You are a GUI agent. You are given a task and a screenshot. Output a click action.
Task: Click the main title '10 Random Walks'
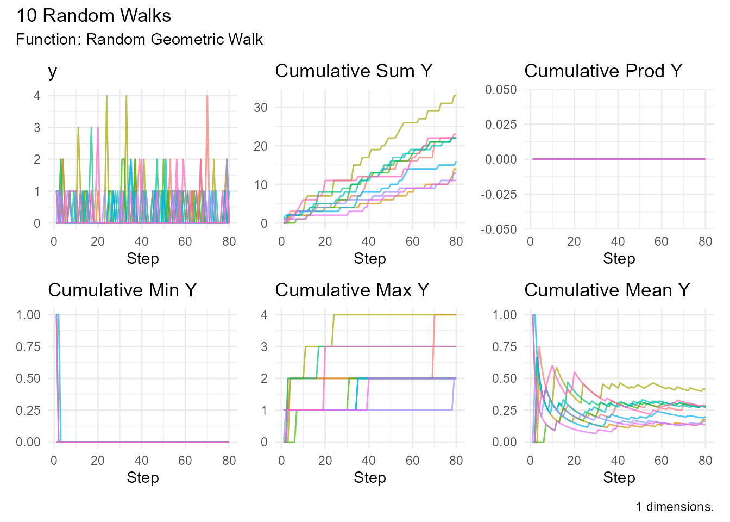tap(93, 15)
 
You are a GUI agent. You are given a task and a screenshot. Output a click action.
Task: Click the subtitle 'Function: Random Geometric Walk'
tap(140, 40)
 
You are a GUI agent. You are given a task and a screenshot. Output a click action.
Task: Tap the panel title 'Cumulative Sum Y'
tap(354, 71)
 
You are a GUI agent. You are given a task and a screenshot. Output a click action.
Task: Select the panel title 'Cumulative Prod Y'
tap(603, 71)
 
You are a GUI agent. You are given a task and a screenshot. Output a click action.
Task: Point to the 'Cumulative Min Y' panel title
tap(122, 290)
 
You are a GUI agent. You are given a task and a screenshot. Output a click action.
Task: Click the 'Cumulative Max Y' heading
tap(352, 290)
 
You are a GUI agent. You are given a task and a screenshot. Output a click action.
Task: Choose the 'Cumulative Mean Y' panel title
tap(607, 290)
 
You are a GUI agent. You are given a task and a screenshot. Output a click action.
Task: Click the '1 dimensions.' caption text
tap(675, 507)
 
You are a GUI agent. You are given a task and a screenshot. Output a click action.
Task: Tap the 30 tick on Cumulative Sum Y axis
tap(261, 108)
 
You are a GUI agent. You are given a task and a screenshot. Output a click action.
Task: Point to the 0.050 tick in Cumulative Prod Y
tap(501, 89)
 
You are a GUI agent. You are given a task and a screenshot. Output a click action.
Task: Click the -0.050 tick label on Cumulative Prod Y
tap(499, 229)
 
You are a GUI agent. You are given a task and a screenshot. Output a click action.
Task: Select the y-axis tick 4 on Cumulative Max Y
tap(265, 315)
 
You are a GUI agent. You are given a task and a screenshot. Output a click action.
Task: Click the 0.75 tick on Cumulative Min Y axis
tap(28, 347)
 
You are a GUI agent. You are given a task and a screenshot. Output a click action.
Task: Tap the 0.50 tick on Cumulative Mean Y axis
tap(505, 378)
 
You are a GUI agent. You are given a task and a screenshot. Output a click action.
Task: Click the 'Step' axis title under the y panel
tap(142, 258)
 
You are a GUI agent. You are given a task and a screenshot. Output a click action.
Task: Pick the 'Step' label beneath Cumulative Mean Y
tap(619, 477)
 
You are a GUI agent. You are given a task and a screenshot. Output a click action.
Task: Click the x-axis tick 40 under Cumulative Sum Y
tap(369, 241)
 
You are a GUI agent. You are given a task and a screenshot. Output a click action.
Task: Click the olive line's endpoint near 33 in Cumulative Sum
tap(455, 96)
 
